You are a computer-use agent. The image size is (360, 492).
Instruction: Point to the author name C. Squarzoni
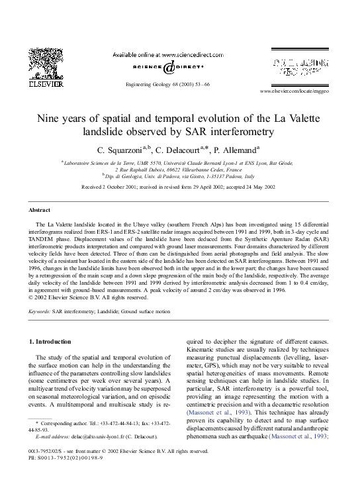(x=122, y=150)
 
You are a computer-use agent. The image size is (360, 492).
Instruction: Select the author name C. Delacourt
(x=182, y=150)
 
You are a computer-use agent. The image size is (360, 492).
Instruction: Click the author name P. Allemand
(x=236, y=150)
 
